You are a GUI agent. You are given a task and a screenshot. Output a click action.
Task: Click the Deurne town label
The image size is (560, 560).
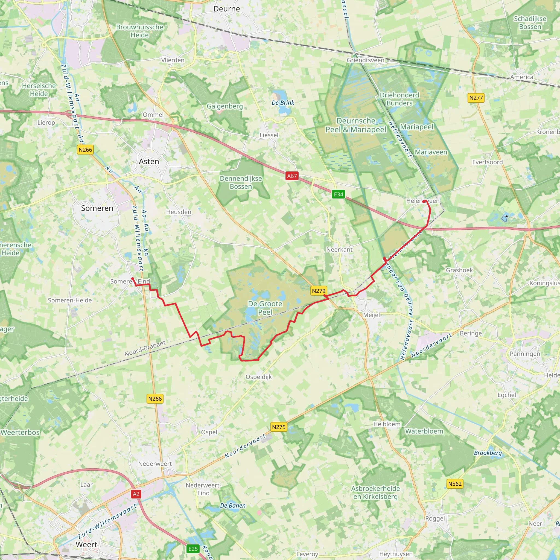226,9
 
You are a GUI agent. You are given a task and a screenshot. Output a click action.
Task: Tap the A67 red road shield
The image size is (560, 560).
291,176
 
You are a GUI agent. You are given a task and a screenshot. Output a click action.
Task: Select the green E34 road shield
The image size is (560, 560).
338,194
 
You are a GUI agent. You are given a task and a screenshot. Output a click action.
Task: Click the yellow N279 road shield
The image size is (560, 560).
319,291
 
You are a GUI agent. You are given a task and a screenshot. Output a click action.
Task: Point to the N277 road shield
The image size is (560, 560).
476,98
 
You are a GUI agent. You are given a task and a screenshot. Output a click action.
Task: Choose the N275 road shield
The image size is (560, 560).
279,427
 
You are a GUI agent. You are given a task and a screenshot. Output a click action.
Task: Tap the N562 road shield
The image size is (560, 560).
455,484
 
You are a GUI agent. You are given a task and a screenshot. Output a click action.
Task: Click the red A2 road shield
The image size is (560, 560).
136,494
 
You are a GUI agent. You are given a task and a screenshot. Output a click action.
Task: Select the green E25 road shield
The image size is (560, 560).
193,549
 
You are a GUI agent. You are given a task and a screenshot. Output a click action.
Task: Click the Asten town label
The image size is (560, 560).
149,161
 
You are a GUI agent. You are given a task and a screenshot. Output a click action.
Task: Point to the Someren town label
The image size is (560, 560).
97,208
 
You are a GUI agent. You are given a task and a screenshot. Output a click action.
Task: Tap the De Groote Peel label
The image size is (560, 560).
265,308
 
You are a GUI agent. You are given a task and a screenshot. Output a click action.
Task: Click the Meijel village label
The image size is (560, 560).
371,315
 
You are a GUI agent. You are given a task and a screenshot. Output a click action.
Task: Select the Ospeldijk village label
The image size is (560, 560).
259,377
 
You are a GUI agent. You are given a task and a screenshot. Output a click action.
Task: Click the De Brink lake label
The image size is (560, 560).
283,103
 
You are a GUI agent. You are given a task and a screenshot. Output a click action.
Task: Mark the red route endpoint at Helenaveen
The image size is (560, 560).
424,201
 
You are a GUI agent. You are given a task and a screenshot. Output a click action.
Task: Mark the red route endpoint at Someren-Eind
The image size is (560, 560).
133,279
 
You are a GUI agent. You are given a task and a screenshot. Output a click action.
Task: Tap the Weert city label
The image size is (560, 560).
86,544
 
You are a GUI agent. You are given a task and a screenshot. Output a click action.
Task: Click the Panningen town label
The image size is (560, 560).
525,354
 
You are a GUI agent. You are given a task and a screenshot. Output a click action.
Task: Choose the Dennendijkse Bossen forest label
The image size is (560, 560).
241,182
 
